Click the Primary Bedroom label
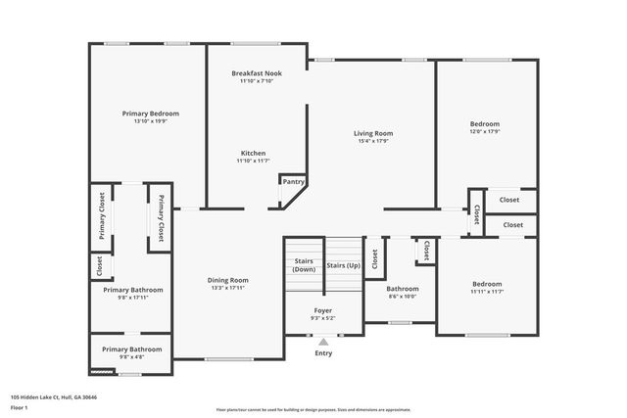[x=150, y=114]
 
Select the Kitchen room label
[x=253, y=153]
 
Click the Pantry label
[x=293, y=181]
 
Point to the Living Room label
[x=372, y=133]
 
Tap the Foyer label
[x=323, y=309]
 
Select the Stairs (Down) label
[x=304, y=264]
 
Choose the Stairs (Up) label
[x=343, y=265]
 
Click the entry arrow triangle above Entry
[x=323, y=342]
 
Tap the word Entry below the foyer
[x=323, y=353]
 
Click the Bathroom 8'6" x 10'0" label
[x=402, y=289]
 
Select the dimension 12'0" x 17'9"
[x=484, y=132]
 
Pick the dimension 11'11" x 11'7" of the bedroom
[x=486, y=292]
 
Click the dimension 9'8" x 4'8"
[x=133, y=357]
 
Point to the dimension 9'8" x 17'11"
[x=133, y=298]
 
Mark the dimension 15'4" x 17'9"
[x=372, y=141]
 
